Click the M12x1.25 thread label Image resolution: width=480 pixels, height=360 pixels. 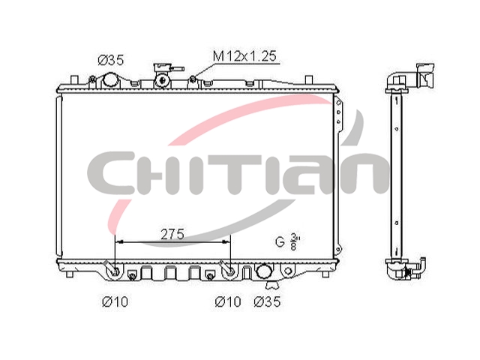[244, 56]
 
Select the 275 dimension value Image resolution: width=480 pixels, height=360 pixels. [172, 235]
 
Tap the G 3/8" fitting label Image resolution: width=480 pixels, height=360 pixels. [286, 241]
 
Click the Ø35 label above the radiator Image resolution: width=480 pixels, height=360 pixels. [111, 60]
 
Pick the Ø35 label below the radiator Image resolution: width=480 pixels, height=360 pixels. [267, 301]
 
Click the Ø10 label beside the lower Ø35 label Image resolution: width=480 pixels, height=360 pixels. [228, 301]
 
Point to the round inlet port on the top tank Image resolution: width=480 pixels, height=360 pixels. [110, 80]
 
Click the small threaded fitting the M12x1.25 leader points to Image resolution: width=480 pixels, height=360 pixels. [193, 79]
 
